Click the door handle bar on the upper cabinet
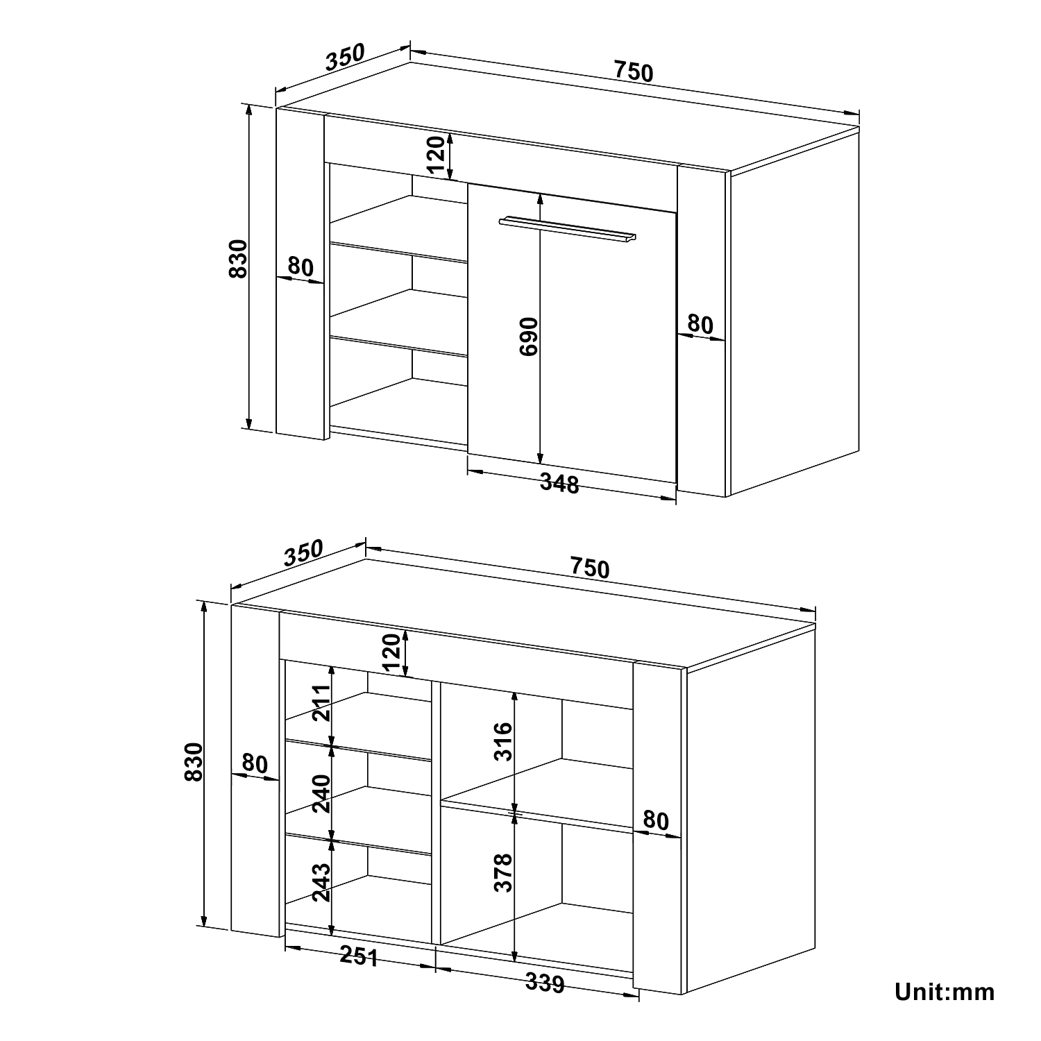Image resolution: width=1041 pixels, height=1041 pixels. click(567, 230)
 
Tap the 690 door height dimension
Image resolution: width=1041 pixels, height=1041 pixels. click(529, 337)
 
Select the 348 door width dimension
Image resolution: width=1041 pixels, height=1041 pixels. click(559, 484)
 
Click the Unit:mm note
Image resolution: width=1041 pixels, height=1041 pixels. click(945, 992)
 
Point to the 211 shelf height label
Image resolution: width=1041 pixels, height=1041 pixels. click(321, 702)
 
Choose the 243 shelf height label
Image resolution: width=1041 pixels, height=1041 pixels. click(321, 881)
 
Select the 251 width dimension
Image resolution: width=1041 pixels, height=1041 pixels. click(359, 956)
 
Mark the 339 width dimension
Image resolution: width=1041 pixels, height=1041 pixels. click(544, 983)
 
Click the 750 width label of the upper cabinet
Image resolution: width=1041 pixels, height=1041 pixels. click(633, 71)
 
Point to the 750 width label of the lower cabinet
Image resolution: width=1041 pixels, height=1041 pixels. click(590, 568)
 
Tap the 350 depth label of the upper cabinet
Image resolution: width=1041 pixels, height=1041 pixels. click(345, 57)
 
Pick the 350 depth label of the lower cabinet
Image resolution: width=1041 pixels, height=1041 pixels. click(303, 553)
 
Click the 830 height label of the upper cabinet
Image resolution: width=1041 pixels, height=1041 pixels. click(238, 258)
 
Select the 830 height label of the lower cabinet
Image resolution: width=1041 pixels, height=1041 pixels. click(194, 762)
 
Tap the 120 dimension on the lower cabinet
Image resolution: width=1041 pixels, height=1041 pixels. click(391, 653)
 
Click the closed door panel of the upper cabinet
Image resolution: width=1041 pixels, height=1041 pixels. click(572, 333)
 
